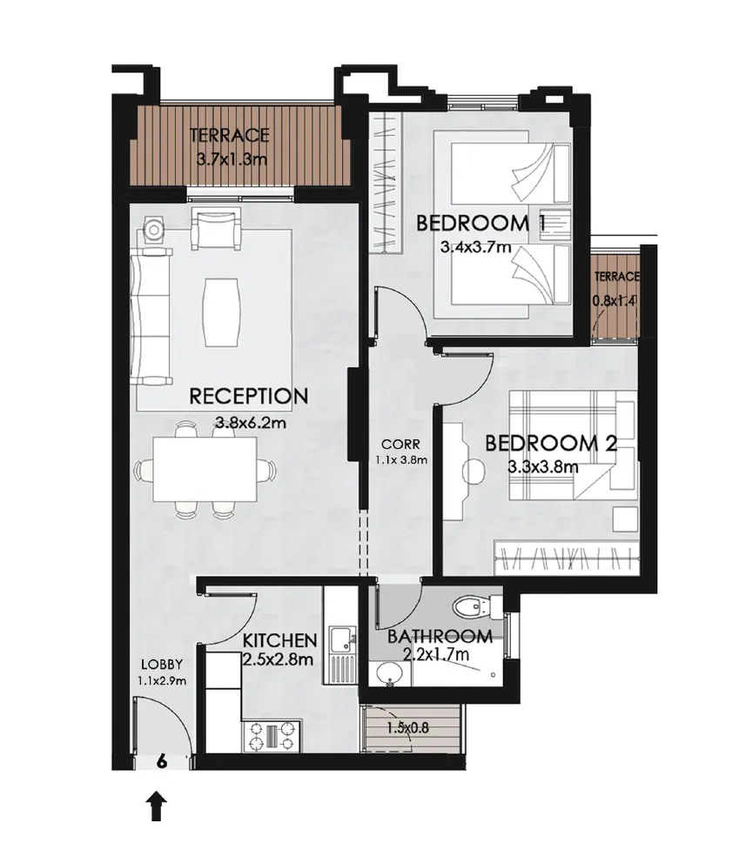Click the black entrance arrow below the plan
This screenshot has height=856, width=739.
click(157, 806)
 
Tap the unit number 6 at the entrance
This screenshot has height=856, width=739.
click(161, 759)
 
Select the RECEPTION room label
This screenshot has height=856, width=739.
click(248, 397)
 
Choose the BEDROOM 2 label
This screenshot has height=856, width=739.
click(550, 444)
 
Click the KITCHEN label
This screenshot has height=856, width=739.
click(279, 641)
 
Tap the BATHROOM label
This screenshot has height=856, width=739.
click(440, 636)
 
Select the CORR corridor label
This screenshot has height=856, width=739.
click(394, 444)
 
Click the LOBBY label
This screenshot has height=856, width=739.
click(160, 664)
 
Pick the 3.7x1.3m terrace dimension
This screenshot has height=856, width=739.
click(229, 160)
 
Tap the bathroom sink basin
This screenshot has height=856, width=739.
click(389, 672)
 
